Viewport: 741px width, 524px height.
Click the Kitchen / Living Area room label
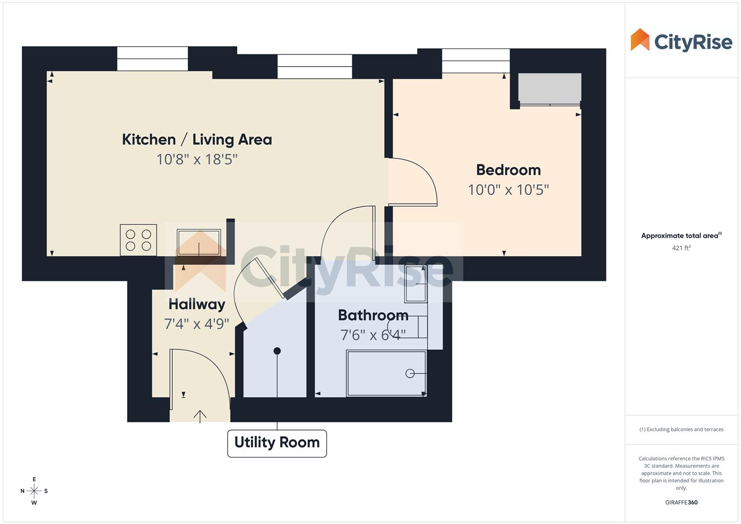pyautogui.click(x=197, y=140)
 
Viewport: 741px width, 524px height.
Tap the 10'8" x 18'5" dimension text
pyautogui.click(x=197, y=159)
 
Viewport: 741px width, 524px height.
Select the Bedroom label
pyautogui.click(x=508, y=170)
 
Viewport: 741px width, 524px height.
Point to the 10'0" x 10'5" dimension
pyautogui.click(x=508, y=190)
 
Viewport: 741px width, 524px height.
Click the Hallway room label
pyautogui.click(x=197, y=304)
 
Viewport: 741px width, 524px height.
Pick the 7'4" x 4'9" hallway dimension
pyautogui.click(x=197, y=324)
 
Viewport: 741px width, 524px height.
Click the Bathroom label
pyautogui.click(x=373, y=315)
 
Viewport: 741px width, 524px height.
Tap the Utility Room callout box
pyautogui.click(x=277, y=443)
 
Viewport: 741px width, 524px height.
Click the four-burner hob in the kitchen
pyautogui.click(x=138, y=240)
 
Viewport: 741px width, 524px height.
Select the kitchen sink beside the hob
pyautogui.click(x=198, y=242)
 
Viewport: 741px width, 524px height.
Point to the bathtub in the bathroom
pyautogui.click(x=386, y=374)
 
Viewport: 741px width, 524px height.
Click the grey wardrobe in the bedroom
pyautogui.click(x=549, y=88)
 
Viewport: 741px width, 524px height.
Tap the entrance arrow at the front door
pyautogui.click(x=200, y=416)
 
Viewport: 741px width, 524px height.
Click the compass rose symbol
pyautogui.click(x=34, y=491)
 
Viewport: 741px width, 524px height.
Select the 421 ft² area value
pyautogui.click(x=681, y=248)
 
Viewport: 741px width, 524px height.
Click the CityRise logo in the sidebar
pyautogui.click(x=681, y=41)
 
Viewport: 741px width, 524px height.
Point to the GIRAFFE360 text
pyautogui.click(x=681, y=503)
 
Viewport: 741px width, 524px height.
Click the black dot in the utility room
pyautogui.click(x=277, y=351)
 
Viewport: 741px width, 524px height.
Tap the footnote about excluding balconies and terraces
pyautogui.click(x=681, y=429)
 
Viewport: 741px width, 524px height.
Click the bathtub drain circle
pyautogui.click(x=410, y=373)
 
